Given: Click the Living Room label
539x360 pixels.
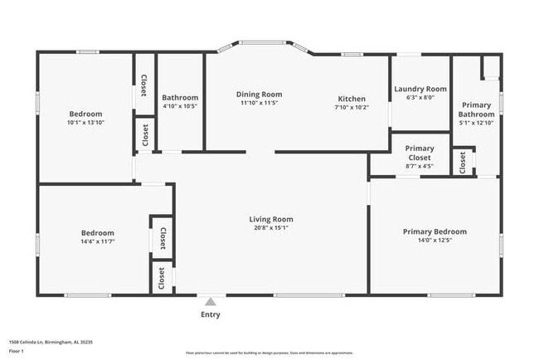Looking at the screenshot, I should click(x=271, y=220).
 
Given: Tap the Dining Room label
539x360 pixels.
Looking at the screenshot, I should click(x=260, y=95).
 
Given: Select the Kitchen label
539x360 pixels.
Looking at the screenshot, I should click(x=352, y=97).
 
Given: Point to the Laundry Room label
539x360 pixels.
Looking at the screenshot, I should click(x=420, y=89).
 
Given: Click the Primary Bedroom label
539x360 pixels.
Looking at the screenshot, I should click(x=435, y=231).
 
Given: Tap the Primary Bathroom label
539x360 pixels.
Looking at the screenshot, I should click(x=476, y=109).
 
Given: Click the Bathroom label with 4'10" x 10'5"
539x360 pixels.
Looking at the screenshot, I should click(x=180, y=97).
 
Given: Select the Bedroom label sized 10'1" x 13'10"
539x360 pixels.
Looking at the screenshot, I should click(x=85, y=114).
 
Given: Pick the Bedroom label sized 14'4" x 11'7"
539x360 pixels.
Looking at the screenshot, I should click(x=97, y=233).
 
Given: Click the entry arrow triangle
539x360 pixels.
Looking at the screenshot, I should click(x=211, y=302).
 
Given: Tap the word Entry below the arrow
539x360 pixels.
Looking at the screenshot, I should click(x=211, y=315).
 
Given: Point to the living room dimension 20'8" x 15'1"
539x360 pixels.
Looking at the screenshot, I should click(x=271, y=229).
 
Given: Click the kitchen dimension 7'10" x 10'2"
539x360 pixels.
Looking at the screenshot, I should click(x=352, y=107).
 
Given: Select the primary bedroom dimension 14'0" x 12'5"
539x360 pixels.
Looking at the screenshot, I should click(x=435, y=241).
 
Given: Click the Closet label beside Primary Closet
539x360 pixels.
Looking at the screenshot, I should click(x=463, y=162).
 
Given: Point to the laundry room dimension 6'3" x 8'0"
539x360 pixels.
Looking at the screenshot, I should click(x=420, y=98).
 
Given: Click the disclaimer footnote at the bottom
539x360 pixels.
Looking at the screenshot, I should click(x=269, y=352).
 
